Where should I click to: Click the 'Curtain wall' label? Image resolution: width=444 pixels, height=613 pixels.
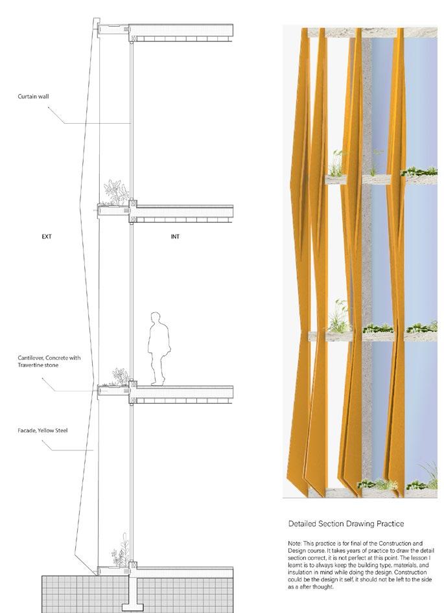[34, 98]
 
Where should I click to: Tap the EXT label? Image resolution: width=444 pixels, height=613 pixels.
[46, 237]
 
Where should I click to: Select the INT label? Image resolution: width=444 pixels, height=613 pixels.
[175, 237]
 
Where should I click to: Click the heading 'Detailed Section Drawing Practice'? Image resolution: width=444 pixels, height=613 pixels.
[346, 522]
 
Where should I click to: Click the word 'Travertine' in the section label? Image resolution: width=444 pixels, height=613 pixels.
[34, 365]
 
